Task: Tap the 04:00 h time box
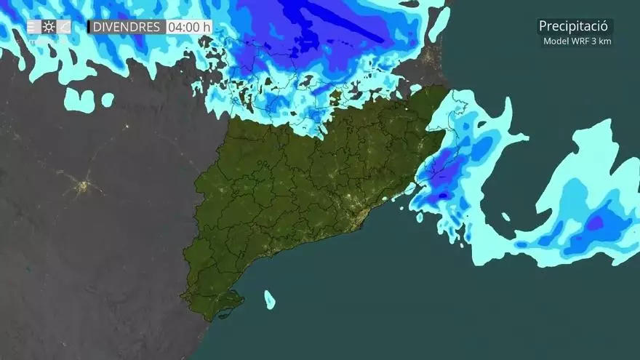[x=188, y=27]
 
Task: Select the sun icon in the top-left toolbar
[x=49, y=27]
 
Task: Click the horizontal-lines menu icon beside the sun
[x=33, y=27]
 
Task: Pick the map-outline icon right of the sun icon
[x=64, y=27]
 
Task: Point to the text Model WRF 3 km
[x=577, y=41]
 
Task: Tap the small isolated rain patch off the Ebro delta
[x=270, y=299]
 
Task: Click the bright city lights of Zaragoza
[x=84, y=187]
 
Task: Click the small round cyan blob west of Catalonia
[x=108, y=100]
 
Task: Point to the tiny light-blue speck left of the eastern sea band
[x=505, y=216]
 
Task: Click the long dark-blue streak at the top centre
[x=342, y=22]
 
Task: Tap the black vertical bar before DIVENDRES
[x=89, y=27]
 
